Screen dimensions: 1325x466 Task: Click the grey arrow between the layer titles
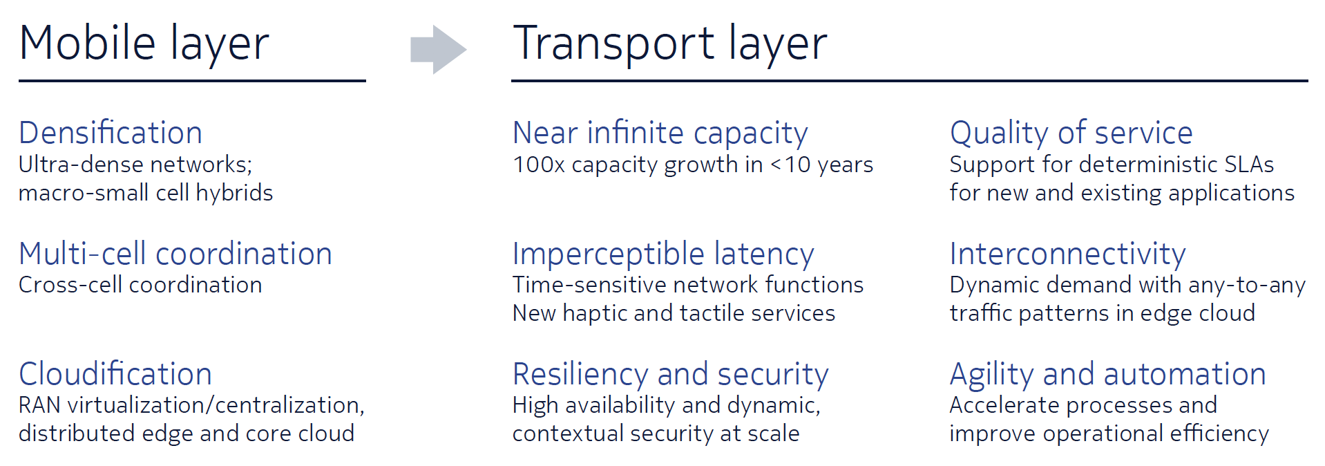tap(439, 49)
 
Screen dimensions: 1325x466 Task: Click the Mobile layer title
tap(144, 44)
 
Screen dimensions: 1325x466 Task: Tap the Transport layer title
tap(669, 44)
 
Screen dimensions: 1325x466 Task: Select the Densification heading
tap(111, 133)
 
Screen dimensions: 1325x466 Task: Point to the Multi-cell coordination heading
tap(175, 254)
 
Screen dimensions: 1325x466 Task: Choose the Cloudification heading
tap(115, 374)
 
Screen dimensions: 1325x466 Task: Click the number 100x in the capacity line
tap(539, 165)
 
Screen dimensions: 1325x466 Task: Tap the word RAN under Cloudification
tap(40, 405)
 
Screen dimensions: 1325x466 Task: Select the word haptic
tap(595, 314)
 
